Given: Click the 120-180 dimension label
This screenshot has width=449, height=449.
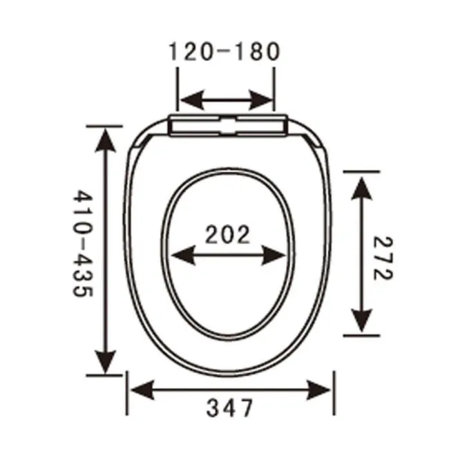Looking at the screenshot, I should [x=224, y=51].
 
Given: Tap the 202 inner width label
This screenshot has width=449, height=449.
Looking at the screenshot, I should [x=227, y=235].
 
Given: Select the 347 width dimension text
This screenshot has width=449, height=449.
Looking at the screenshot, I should [x=230, y=409].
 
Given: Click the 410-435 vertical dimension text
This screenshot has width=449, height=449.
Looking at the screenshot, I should [x=82, y=244].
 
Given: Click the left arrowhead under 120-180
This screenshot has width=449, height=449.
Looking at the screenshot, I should [x=191, y=102].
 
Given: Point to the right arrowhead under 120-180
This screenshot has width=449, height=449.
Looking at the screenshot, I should [x=263, y=102].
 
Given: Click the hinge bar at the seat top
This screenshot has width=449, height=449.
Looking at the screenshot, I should [x=227, y=126].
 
